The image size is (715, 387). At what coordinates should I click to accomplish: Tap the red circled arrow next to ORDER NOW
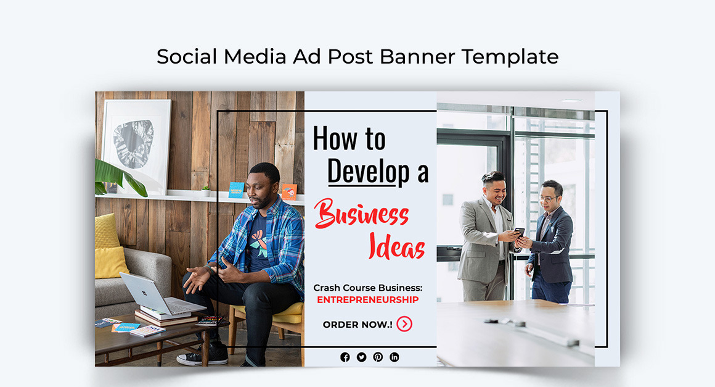(x=404, y=324)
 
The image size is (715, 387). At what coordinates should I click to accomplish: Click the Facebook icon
(x=345, y=357)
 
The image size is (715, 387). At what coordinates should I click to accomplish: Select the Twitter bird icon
(x=361, y=357)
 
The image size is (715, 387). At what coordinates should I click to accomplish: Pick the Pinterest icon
(x=378, y=357)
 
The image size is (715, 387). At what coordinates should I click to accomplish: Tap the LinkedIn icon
(x=394, y=357)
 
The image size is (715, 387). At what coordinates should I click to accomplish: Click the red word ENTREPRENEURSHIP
(x=367, y=300)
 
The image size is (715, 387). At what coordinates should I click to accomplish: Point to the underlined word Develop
(x=368, y=171)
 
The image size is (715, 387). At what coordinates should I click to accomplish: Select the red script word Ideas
(x=397, y=247)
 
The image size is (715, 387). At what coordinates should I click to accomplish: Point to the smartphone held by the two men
(x=519, y=232)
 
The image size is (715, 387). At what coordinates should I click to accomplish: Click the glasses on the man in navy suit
(x=547, y=198)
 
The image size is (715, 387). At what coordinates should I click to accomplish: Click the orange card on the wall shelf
(x=289, y=191)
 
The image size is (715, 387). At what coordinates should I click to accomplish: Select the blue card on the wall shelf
(x=236, y=189)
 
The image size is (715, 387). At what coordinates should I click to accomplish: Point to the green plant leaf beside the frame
(x=117, y=176)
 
